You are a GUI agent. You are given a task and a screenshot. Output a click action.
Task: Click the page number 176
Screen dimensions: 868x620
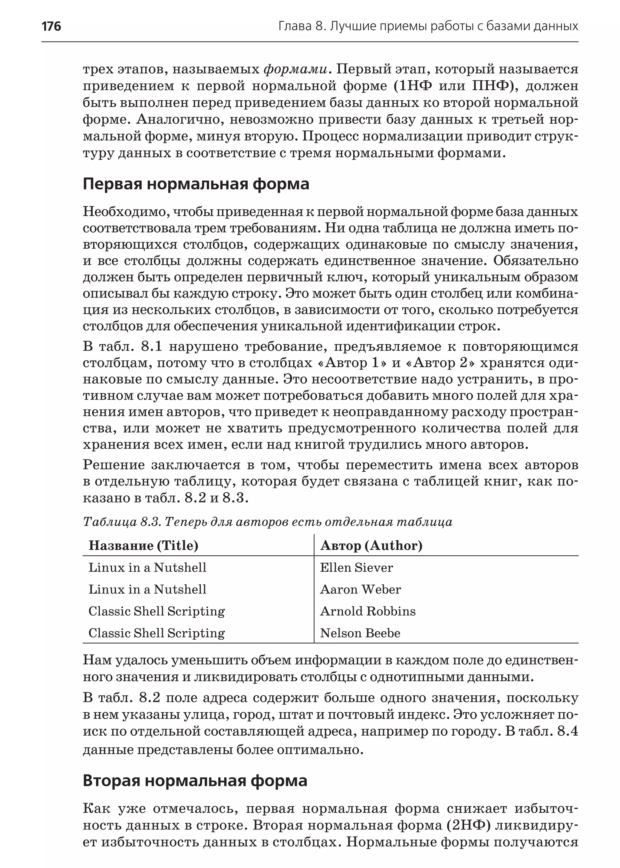click(x=51, y=26)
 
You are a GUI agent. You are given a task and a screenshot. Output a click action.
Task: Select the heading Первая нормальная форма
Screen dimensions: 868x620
click(x=196, y=184)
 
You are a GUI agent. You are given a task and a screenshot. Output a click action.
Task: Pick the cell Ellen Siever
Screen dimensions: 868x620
click(x=356, y=567)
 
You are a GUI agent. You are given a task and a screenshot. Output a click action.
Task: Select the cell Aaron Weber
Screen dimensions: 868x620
click(x=360, y=589)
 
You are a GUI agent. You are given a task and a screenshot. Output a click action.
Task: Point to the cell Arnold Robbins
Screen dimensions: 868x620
click(x=367, y=611)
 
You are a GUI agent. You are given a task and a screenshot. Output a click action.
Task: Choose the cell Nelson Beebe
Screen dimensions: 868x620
click(x=360, y=633)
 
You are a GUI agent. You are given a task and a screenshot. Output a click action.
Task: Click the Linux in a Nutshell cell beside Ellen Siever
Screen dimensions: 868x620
click(x=147, y=567)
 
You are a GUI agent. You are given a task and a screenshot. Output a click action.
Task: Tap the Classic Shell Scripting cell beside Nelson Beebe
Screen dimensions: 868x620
click(x=157, y=633)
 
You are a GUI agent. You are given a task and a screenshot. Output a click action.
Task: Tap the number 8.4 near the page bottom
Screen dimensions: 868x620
click(x=567, y=731)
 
